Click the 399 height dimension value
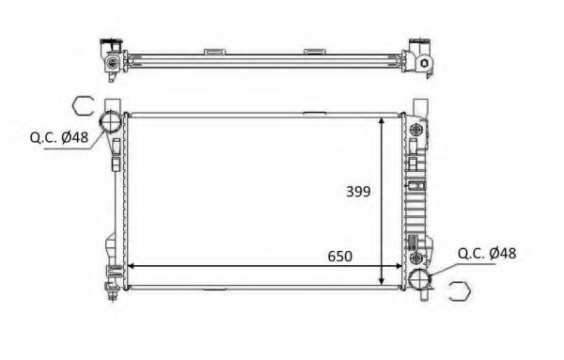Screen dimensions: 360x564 pos(358,191)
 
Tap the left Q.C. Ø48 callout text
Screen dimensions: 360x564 pos(59,137)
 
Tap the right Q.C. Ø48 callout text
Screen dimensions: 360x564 pos(487,253)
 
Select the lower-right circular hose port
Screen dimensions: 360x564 pos(420,279)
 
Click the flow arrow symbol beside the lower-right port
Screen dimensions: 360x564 pos(458,293)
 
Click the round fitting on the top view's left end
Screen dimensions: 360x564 pos(113,63)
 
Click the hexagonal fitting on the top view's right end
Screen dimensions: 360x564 pos(425,64)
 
